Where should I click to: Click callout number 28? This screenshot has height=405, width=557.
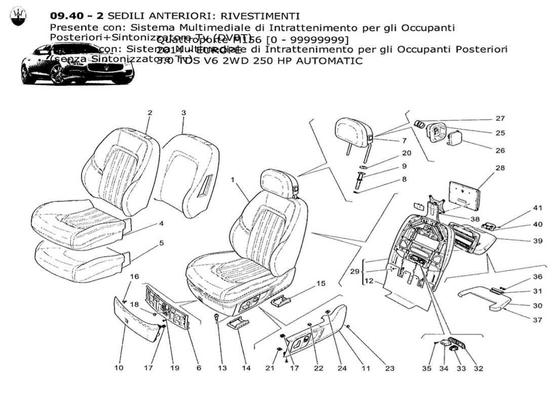[x=500, y=168]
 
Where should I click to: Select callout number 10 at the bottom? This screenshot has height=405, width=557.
[x=118, y=368]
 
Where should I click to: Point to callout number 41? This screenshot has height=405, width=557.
[x=537, y=208]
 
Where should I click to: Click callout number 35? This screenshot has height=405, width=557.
[x=427, y=369]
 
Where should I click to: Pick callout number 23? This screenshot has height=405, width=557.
[x=389, y=369]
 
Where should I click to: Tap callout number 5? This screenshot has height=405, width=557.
[x=161, y=243]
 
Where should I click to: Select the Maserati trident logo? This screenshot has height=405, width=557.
[x=18, y=17]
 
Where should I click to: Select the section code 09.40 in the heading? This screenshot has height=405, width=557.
[x=67, y=17]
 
